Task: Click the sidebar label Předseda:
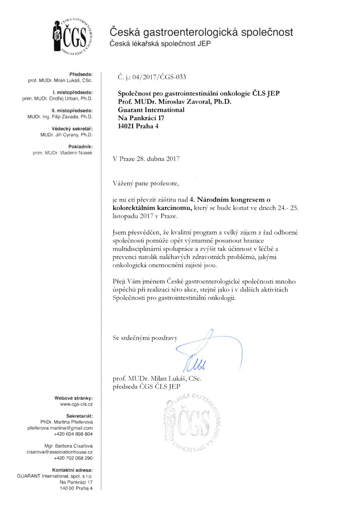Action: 81,74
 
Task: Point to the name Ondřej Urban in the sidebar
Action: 70,98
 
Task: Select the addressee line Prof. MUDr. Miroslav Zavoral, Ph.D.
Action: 175,102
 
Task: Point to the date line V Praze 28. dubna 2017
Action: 146,159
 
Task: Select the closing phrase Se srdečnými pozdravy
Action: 145,338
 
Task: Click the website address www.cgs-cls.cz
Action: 76,404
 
